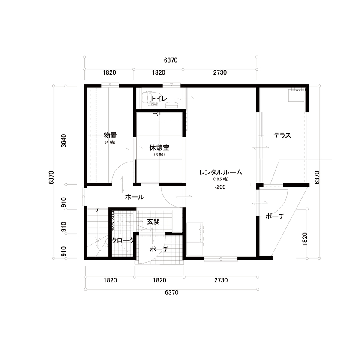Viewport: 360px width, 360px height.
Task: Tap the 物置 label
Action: coord(110,135)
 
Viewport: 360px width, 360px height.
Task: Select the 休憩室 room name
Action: coord(159,148)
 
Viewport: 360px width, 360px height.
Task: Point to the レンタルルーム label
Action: coord(221,173)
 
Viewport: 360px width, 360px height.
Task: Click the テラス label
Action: coord(282,136)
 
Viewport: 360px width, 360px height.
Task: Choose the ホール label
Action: coord(134,197)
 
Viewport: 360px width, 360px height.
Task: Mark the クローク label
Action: coord(123,241)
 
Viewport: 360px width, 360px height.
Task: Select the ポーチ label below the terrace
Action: coord(275,216)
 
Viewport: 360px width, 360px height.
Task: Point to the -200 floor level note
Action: coord(221,187)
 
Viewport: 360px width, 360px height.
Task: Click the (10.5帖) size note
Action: coord(221,180)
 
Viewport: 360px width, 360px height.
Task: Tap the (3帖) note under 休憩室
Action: coord(159,155)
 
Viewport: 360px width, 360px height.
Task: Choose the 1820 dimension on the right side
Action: coord(305,238)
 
